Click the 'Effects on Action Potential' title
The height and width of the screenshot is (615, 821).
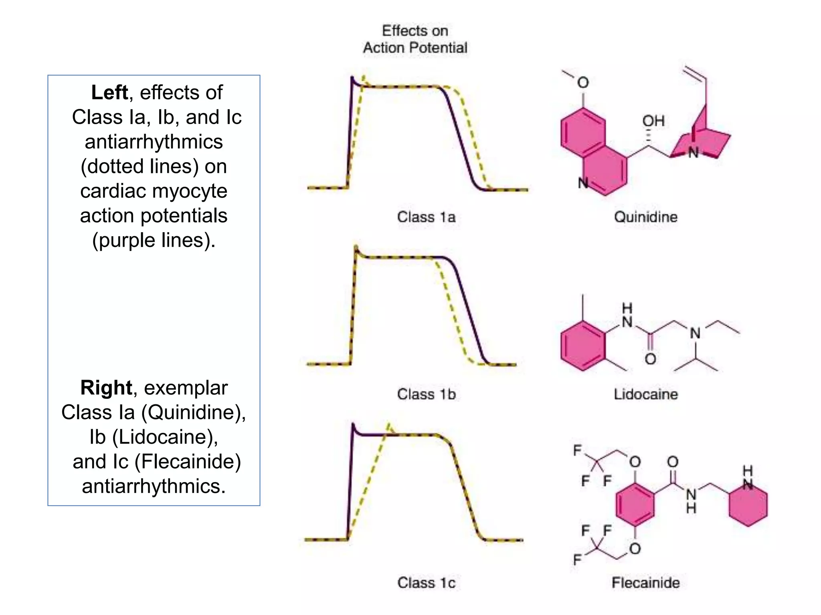415,39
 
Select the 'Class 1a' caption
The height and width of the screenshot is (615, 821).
426,217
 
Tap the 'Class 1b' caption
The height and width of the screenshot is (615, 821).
426,394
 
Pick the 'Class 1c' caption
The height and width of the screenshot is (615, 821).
426,583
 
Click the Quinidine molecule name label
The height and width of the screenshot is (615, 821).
645,217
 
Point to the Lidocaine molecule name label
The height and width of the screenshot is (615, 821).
645,394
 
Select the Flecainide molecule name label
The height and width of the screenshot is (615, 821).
645,583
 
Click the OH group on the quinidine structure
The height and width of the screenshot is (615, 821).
653,121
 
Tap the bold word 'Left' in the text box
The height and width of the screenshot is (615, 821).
109,92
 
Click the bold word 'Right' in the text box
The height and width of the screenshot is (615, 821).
106,388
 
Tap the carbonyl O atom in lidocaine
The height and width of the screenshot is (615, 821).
650,359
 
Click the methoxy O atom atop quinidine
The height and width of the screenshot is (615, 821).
583,82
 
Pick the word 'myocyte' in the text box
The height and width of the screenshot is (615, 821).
196,191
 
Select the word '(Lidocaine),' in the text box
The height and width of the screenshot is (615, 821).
165,437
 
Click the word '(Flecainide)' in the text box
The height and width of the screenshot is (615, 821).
188,461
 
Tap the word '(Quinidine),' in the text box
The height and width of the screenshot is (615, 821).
193,412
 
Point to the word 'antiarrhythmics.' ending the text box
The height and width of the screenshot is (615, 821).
154,486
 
